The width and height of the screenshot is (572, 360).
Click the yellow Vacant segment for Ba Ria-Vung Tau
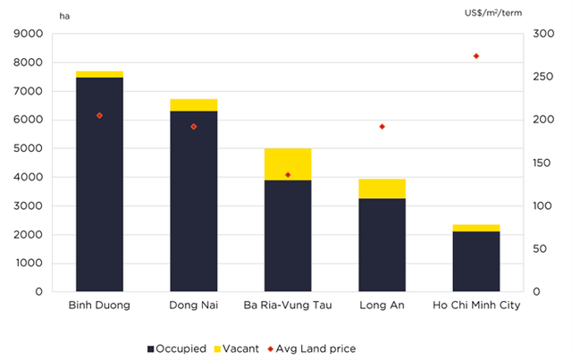point(288,164)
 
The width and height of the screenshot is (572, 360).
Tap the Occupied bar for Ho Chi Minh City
point(475,261)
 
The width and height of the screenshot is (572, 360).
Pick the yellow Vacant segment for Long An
point(382,188)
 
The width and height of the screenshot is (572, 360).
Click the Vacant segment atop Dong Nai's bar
point(193,105)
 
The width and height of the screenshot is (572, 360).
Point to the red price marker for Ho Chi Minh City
point(475,55)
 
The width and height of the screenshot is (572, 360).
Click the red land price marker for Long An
point(382,127)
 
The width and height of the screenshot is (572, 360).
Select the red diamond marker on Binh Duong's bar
point(99,115)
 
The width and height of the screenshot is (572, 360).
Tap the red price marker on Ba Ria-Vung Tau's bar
point(288,175)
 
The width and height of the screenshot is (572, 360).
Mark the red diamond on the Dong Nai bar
point(193,127)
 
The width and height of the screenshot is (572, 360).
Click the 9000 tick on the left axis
point(29,34)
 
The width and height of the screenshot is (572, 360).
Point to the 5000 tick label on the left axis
point(29,148)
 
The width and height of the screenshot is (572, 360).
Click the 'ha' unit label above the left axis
point(63,15)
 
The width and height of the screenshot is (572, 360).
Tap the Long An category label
point(382,306)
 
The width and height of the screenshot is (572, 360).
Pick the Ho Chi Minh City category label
point(475,306)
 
